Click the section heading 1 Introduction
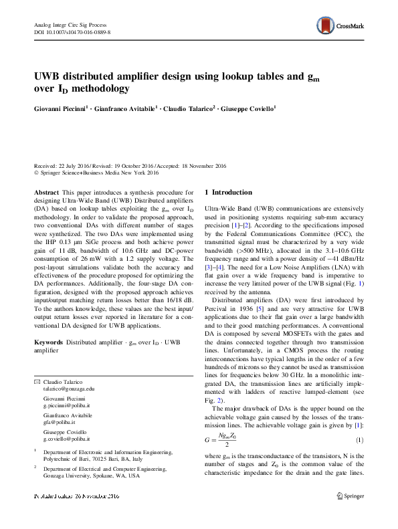coord(229,193)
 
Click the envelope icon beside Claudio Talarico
coord(37,381)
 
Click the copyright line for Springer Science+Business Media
coord(99,173)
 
